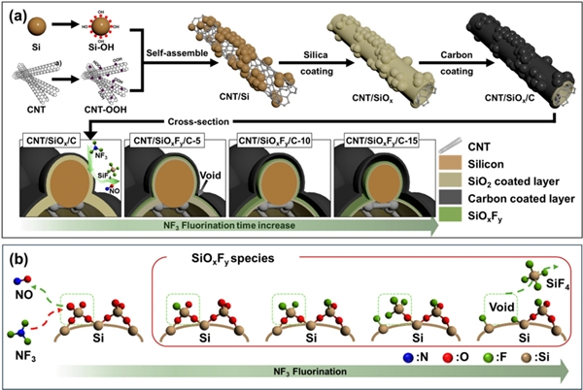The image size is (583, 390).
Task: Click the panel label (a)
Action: (17, 15)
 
